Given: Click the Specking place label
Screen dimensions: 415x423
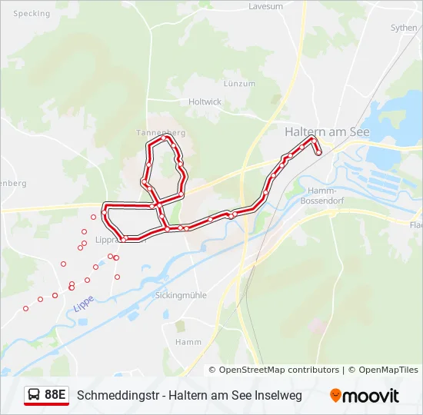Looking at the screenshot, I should click(32, 14).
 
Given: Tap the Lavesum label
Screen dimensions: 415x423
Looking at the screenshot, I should click(265, 6).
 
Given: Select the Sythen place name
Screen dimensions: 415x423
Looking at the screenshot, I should click(404, 28).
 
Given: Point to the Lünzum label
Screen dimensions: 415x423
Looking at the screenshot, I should click(239, 84).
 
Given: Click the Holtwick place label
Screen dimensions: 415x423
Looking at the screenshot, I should click(205, 101).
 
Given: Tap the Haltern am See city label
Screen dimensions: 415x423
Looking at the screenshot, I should click(327, 132).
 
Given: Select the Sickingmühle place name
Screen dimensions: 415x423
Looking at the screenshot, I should click(181, 295).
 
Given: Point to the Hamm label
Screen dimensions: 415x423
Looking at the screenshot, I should click(188, 342).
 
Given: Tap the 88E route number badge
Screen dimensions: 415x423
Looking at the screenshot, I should click(55, 395).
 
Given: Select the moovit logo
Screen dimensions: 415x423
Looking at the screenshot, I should click(365, 396).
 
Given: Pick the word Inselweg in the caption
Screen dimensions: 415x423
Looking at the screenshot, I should click(279, 396).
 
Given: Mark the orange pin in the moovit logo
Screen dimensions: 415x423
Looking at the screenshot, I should click(335, 396).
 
